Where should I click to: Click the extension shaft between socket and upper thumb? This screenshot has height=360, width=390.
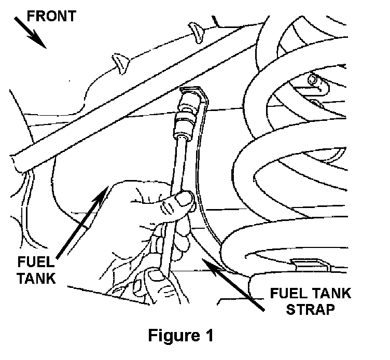(x=180, y=161)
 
